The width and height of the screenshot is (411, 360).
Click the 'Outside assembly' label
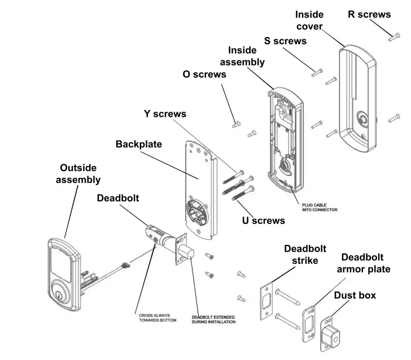tap(78, 174)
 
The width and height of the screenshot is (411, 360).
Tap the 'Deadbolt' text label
tap(117, 199)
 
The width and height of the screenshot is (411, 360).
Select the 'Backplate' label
tap(139, 144)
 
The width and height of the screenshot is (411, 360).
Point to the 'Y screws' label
tap(165, 114)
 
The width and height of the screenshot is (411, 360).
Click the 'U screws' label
tap(264, 221)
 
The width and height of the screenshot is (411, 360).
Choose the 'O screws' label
tap(204, 74)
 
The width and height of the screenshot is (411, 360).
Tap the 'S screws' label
tap(285, 41)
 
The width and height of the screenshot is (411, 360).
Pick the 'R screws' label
tap(369, 14)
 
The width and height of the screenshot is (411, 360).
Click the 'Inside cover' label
tap(309, 20)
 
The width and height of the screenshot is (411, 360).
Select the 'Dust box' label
tap(355, 295)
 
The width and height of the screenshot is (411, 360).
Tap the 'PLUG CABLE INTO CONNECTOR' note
tap(316, 207)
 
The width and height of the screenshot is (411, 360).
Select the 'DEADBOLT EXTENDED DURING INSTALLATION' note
tap(213, 319)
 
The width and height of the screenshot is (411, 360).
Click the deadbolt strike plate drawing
tap(266, 299)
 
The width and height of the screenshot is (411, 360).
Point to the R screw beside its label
tap(393, 37)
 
